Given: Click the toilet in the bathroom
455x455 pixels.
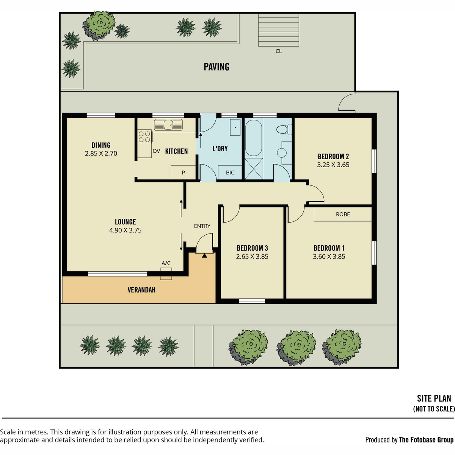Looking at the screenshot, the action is point(284,129).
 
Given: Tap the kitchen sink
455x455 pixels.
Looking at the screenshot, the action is point(168,125).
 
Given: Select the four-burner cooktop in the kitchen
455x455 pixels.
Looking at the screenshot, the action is point(144,136).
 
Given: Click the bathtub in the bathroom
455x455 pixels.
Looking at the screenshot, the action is point(254,138).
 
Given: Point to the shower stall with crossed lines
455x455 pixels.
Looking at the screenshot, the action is point(254,169).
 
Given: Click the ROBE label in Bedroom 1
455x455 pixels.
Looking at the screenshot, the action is point(343,214).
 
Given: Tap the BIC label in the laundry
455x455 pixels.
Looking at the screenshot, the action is point(230,173).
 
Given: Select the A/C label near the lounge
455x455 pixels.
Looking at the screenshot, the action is point(166,263).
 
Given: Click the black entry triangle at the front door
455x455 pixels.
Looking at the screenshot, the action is point(204,255).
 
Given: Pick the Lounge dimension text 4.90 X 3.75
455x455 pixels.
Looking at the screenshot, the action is point(126,230).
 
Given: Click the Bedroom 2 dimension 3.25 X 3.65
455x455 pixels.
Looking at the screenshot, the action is point(333,165).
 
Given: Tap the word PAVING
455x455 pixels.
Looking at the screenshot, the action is point(217,67).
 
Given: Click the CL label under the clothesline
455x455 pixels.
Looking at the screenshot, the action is point(279,51).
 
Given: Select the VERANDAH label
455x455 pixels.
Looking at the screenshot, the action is point(141,290).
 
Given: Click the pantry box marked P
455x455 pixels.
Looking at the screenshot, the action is point(183,173).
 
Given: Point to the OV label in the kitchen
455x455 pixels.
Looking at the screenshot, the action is point(156,151).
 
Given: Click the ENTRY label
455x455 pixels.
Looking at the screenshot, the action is point(202,226).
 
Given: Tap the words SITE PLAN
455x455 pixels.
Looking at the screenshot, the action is point(434,399).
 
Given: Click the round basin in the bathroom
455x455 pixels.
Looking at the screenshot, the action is point(282,153).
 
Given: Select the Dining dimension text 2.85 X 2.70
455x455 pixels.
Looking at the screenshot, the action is point(101,154).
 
